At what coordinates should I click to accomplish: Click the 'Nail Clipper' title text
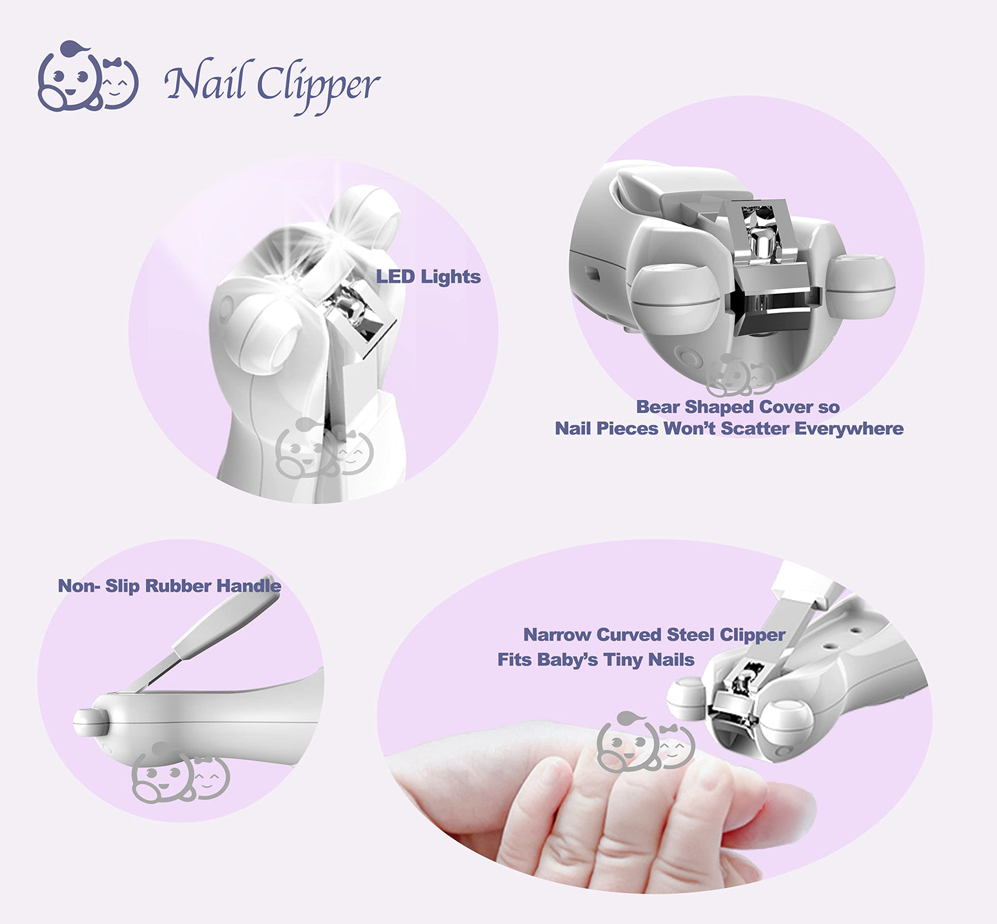272,84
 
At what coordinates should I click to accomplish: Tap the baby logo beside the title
88,77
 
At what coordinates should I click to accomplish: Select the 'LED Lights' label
428,277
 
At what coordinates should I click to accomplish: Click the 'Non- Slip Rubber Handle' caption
169,586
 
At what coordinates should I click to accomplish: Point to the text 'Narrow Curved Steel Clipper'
653,634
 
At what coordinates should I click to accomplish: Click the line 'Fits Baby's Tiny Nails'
595,660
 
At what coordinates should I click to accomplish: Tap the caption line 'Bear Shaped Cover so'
737,407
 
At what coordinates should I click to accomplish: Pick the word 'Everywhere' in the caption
849,429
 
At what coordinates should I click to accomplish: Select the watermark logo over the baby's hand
645,743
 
